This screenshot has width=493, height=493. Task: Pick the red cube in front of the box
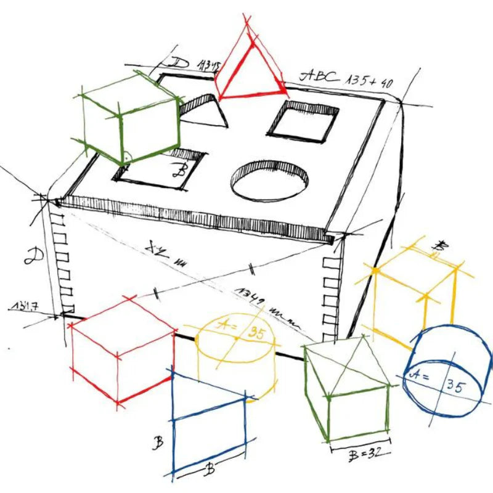(x=122, y=350)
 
